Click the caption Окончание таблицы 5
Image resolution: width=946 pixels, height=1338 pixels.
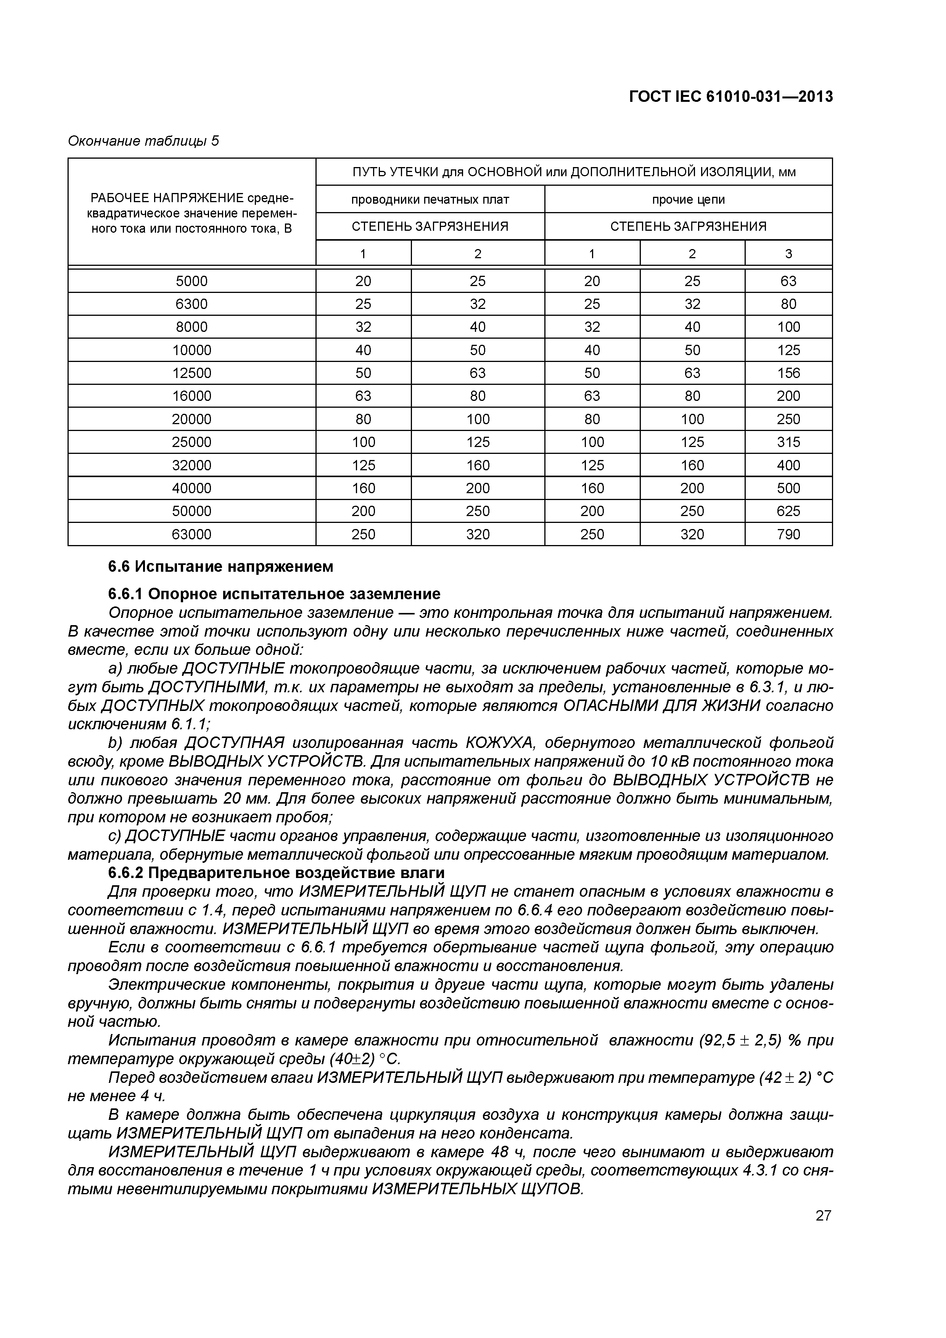click(143, 141)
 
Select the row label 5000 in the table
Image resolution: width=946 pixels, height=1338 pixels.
click(192, 281)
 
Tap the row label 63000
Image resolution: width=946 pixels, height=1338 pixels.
click(192, 534)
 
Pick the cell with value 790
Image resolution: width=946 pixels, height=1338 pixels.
click(788, 534)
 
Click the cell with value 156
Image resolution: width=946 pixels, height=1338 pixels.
click(788, 373)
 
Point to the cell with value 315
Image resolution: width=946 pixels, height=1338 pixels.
click(788, 442)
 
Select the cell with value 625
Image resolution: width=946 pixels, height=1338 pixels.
click(788, 511)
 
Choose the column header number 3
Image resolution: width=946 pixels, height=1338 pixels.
click(788, 254)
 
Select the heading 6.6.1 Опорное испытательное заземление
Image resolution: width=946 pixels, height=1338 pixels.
click(274, 594)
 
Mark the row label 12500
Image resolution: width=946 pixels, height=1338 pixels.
click(192, 373)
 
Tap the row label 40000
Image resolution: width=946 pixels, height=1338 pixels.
click(192, 488)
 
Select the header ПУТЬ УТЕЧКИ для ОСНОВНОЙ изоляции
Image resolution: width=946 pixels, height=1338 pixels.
click(574, 172)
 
